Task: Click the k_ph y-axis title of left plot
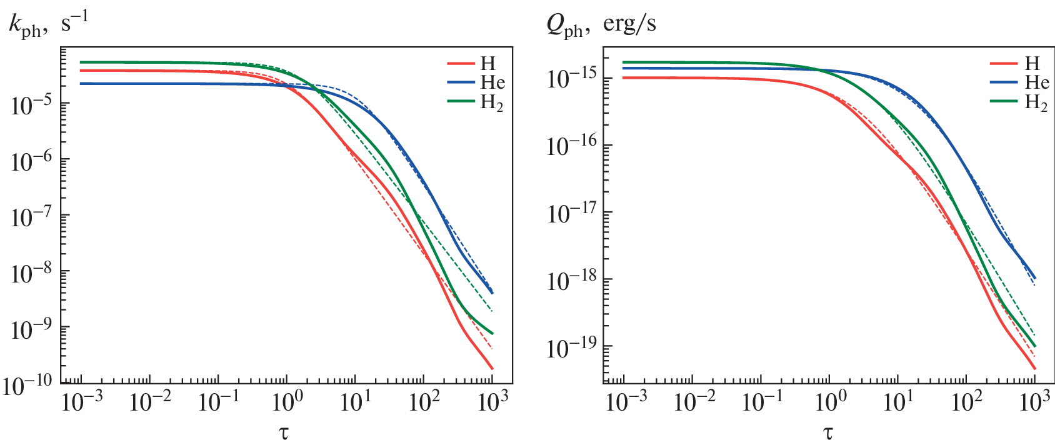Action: point(48,25)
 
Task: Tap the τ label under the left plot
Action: point(285,432)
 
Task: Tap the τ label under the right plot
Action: point(828,432)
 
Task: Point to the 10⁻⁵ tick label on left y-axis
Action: point(31,105)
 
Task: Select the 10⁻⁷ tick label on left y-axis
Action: point(31,217)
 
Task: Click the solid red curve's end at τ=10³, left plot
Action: point(492,368)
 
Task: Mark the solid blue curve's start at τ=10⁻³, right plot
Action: point(624,68)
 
